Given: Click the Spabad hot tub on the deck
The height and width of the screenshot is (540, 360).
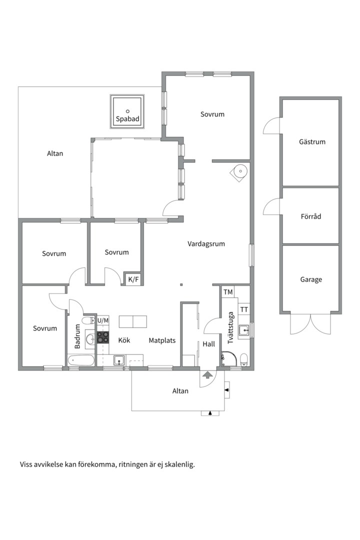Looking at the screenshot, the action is click(x=127, y=111).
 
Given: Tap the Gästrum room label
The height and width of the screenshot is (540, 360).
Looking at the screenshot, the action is click(x=312, y=141).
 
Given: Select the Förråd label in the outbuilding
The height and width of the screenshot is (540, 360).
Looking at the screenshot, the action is click(x=310, y=216).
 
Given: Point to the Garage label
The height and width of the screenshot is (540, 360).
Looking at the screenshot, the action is click(x=311, y=279).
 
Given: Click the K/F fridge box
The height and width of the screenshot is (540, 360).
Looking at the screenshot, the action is click(x=133, y=279).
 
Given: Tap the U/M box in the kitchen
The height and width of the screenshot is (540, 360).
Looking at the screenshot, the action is click(x=103, y=320).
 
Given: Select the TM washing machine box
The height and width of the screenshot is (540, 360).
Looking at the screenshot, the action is click(x=228, y=292).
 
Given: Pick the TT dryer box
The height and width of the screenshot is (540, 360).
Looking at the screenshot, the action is click(x=244, y=309).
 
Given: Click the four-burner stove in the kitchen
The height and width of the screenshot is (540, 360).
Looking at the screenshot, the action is click(x=103, y=337).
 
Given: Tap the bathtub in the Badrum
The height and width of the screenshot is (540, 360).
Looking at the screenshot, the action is click(x=81, y=361).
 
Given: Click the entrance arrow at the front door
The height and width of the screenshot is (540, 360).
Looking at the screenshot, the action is click(x=207, y=374).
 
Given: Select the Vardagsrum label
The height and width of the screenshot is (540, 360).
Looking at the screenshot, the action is click(x=206, y=244).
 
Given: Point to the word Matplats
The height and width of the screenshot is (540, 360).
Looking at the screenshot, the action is click(x=162, y=340).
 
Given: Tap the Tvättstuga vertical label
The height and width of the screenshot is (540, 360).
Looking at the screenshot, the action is click(x=230, y=328).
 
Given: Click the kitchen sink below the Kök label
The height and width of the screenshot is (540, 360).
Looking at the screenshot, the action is click(x=119, y=360).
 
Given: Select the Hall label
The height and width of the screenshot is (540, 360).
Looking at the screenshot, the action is click(x=209, y=344).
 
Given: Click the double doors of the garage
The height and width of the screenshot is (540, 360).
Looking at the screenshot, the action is click(x=310, y=323).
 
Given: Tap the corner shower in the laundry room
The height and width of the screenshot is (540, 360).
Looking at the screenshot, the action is click(x=229, y=359).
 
